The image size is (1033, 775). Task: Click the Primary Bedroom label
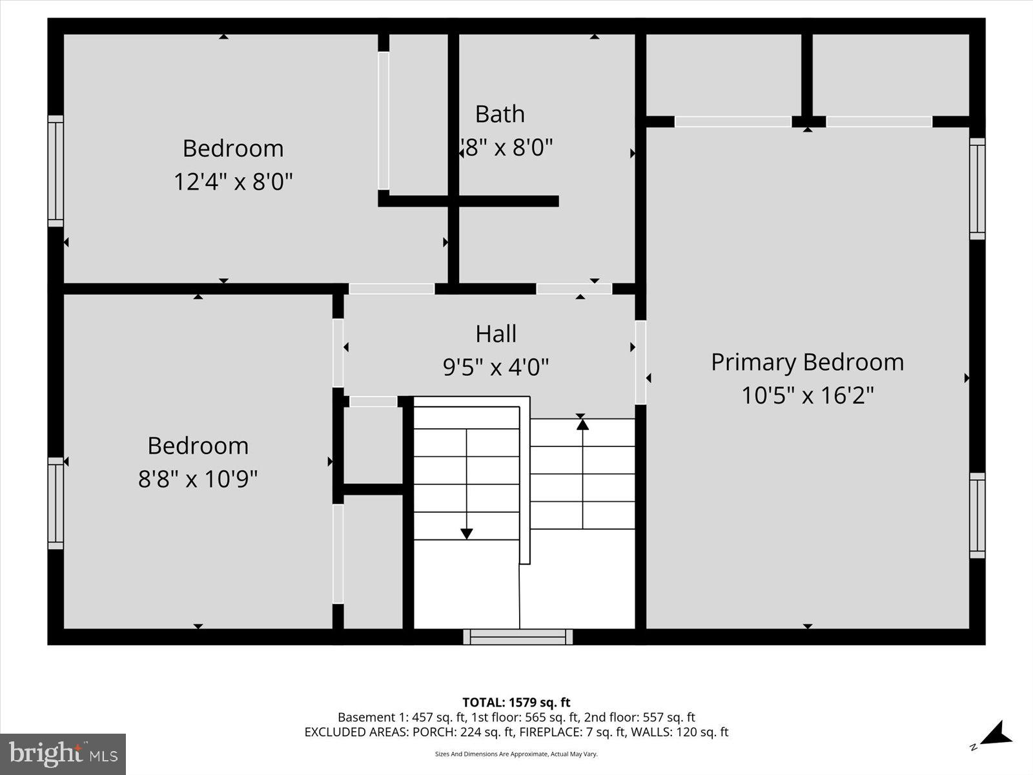tap(807, 362)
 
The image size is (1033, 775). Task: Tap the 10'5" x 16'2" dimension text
tap(807, 395)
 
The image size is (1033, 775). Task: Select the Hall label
tap(496, 334)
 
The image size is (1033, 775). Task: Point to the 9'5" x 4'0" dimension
tap(496, 367)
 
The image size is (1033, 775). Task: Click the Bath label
tap(500, 114)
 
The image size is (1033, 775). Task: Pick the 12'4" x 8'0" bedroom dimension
tap(233, 182)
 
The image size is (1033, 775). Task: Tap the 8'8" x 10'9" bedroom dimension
tap(198, 479)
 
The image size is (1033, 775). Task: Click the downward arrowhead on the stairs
tap(466, 533)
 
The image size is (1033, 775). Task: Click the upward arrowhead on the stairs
tap(582, 424)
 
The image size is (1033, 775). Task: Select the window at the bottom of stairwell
tap(518, 637)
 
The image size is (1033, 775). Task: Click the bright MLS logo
tap(63, 754)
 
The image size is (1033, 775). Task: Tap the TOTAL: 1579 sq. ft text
tap(516, 702)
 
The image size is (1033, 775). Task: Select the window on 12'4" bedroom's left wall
tap(56, 171)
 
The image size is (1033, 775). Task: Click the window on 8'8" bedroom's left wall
tap(56, 503)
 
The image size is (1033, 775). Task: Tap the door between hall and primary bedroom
tap(640, 362)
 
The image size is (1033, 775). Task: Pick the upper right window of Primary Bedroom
tap(977, 188)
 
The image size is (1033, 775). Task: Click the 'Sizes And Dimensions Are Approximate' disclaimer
tap(516, 754)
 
